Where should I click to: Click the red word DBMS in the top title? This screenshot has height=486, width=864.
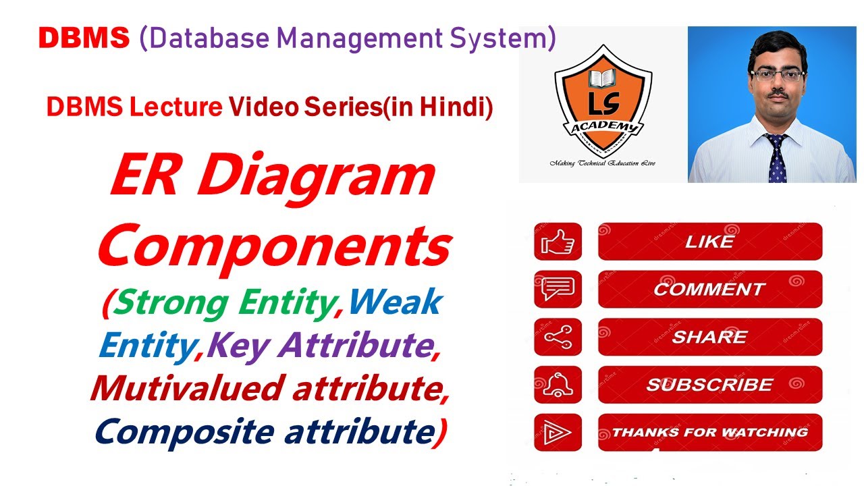tap(84, 39)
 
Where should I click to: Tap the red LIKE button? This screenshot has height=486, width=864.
tap(709, 242)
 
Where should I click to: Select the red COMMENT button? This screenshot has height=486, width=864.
tap(709, 290)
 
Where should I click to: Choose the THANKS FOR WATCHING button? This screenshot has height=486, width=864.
tap(709, 433)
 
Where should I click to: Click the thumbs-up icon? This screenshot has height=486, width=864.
tap(558, 242)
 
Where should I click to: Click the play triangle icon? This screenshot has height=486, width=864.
tap(558, 433)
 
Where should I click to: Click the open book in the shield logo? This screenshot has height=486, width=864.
tap(602, 78)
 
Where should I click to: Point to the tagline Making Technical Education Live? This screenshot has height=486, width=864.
tap(602, 163)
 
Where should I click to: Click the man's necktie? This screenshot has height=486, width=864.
tap(776, 159)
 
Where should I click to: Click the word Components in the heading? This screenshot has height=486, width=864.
tap(273, 246)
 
